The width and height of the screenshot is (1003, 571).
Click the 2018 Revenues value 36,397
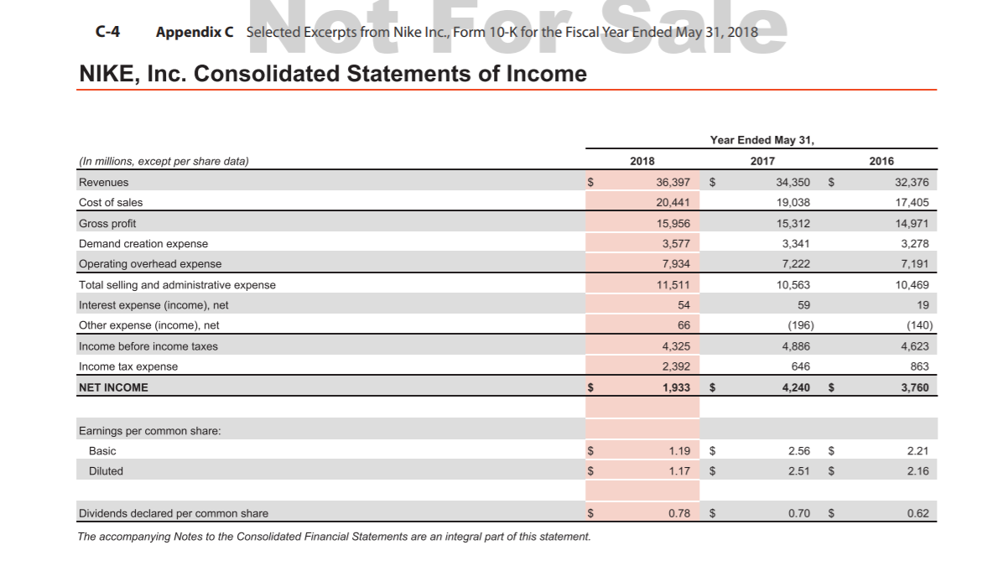coord(673,182)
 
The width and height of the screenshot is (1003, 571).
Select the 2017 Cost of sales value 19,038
coord(793,202)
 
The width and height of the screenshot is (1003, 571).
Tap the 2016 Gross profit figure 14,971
coord(912,223)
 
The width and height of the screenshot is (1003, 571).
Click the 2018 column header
coord(642,161)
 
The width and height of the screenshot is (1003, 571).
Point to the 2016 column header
coord(881,161)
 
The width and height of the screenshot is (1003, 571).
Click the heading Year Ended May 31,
coord(761,140)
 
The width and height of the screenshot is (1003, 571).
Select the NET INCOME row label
coord(113,387)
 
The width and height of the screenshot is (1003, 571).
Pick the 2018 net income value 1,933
coord(676,387)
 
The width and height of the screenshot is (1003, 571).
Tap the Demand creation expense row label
coord(143,243)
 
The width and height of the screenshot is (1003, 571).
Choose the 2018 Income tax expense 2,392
coord(676,366)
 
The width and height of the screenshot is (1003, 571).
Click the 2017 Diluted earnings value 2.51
coord(799,471)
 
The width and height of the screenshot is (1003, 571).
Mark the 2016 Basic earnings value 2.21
coord(918,450)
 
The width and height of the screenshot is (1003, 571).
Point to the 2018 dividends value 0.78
coord(679,513)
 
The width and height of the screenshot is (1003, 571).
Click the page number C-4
coord(107,32)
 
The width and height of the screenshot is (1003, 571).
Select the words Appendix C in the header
coord(195,32)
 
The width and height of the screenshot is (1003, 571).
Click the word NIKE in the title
coord(107,74)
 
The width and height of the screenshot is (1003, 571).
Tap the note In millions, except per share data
coord(164,161)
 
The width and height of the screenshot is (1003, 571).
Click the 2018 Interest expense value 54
coord(683,305)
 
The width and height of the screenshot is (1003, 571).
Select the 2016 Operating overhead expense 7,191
coord(915,264)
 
